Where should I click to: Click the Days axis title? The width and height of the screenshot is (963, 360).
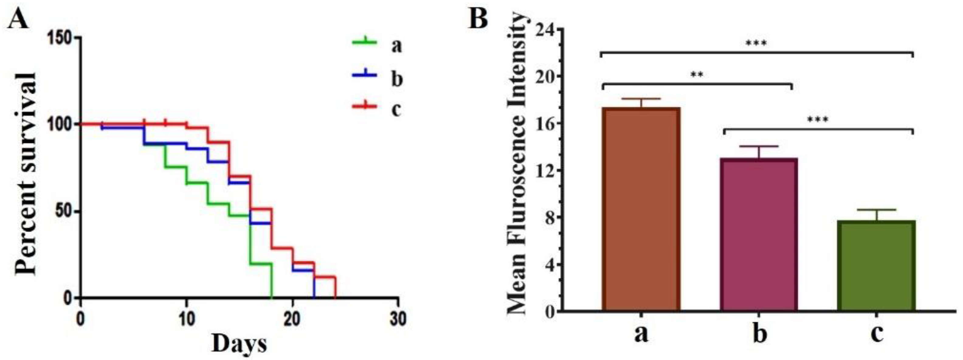(x=240, y=344)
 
